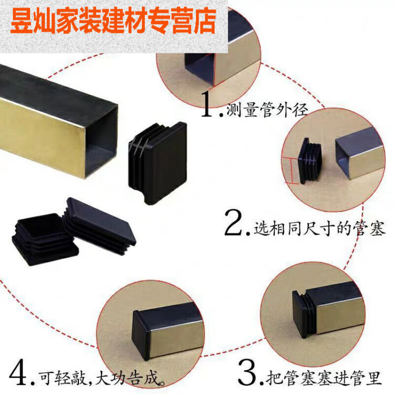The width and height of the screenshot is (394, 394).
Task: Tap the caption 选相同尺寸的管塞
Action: click(x=318, y=228)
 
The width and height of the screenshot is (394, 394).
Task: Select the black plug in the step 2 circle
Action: click(x=310, y=160)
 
